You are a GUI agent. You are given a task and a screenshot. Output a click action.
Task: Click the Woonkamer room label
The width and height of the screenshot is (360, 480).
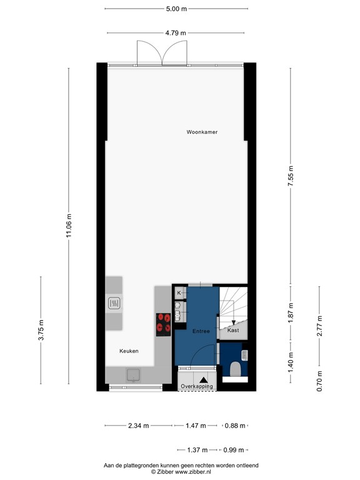click(x=202, y=132)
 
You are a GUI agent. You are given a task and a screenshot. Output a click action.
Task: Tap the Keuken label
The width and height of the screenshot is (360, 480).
click(x=129, y=351)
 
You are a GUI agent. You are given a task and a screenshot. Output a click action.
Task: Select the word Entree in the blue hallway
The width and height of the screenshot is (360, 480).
click(x=201, y=331)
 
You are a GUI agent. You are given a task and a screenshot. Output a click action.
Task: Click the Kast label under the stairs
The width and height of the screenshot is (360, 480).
click(x=233, y=329)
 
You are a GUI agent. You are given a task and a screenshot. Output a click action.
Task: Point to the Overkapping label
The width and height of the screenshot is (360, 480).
click(x=197, y=387)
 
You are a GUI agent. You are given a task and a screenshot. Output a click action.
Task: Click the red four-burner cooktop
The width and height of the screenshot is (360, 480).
click(x=164, y=324)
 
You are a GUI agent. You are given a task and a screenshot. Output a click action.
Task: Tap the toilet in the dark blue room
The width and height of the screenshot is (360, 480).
click(x=236, y=369)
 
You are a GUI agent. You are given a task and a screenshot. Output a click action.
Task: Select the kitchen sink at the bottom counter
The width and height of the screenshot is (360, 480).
click(x=133, y=374)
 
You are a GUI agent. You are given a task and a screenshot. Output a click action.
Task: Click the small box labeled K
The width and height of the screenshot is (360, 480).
click(x=179, y=292)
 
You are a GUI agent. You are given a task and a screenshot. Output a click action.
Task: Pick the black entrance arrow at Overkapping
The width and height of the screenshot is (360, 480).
click(x=203, y=379)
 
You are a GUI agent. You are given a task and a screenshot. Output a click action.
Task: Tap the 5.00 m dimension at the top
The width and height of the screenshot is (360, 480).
click(x=176, y=9)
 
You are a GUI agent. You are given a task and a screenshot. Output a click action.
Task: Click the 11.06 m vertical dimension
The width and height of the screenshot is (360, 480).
click(x=69, y=224)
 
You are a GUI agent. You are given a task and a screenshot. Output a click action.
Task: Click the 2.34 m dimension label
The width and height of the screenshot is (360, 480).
click(x=138, y=426)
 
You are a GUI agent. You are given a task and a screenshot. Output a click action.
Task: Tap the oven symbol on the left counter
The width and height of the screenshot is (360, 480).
click(x=114, y=304)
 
